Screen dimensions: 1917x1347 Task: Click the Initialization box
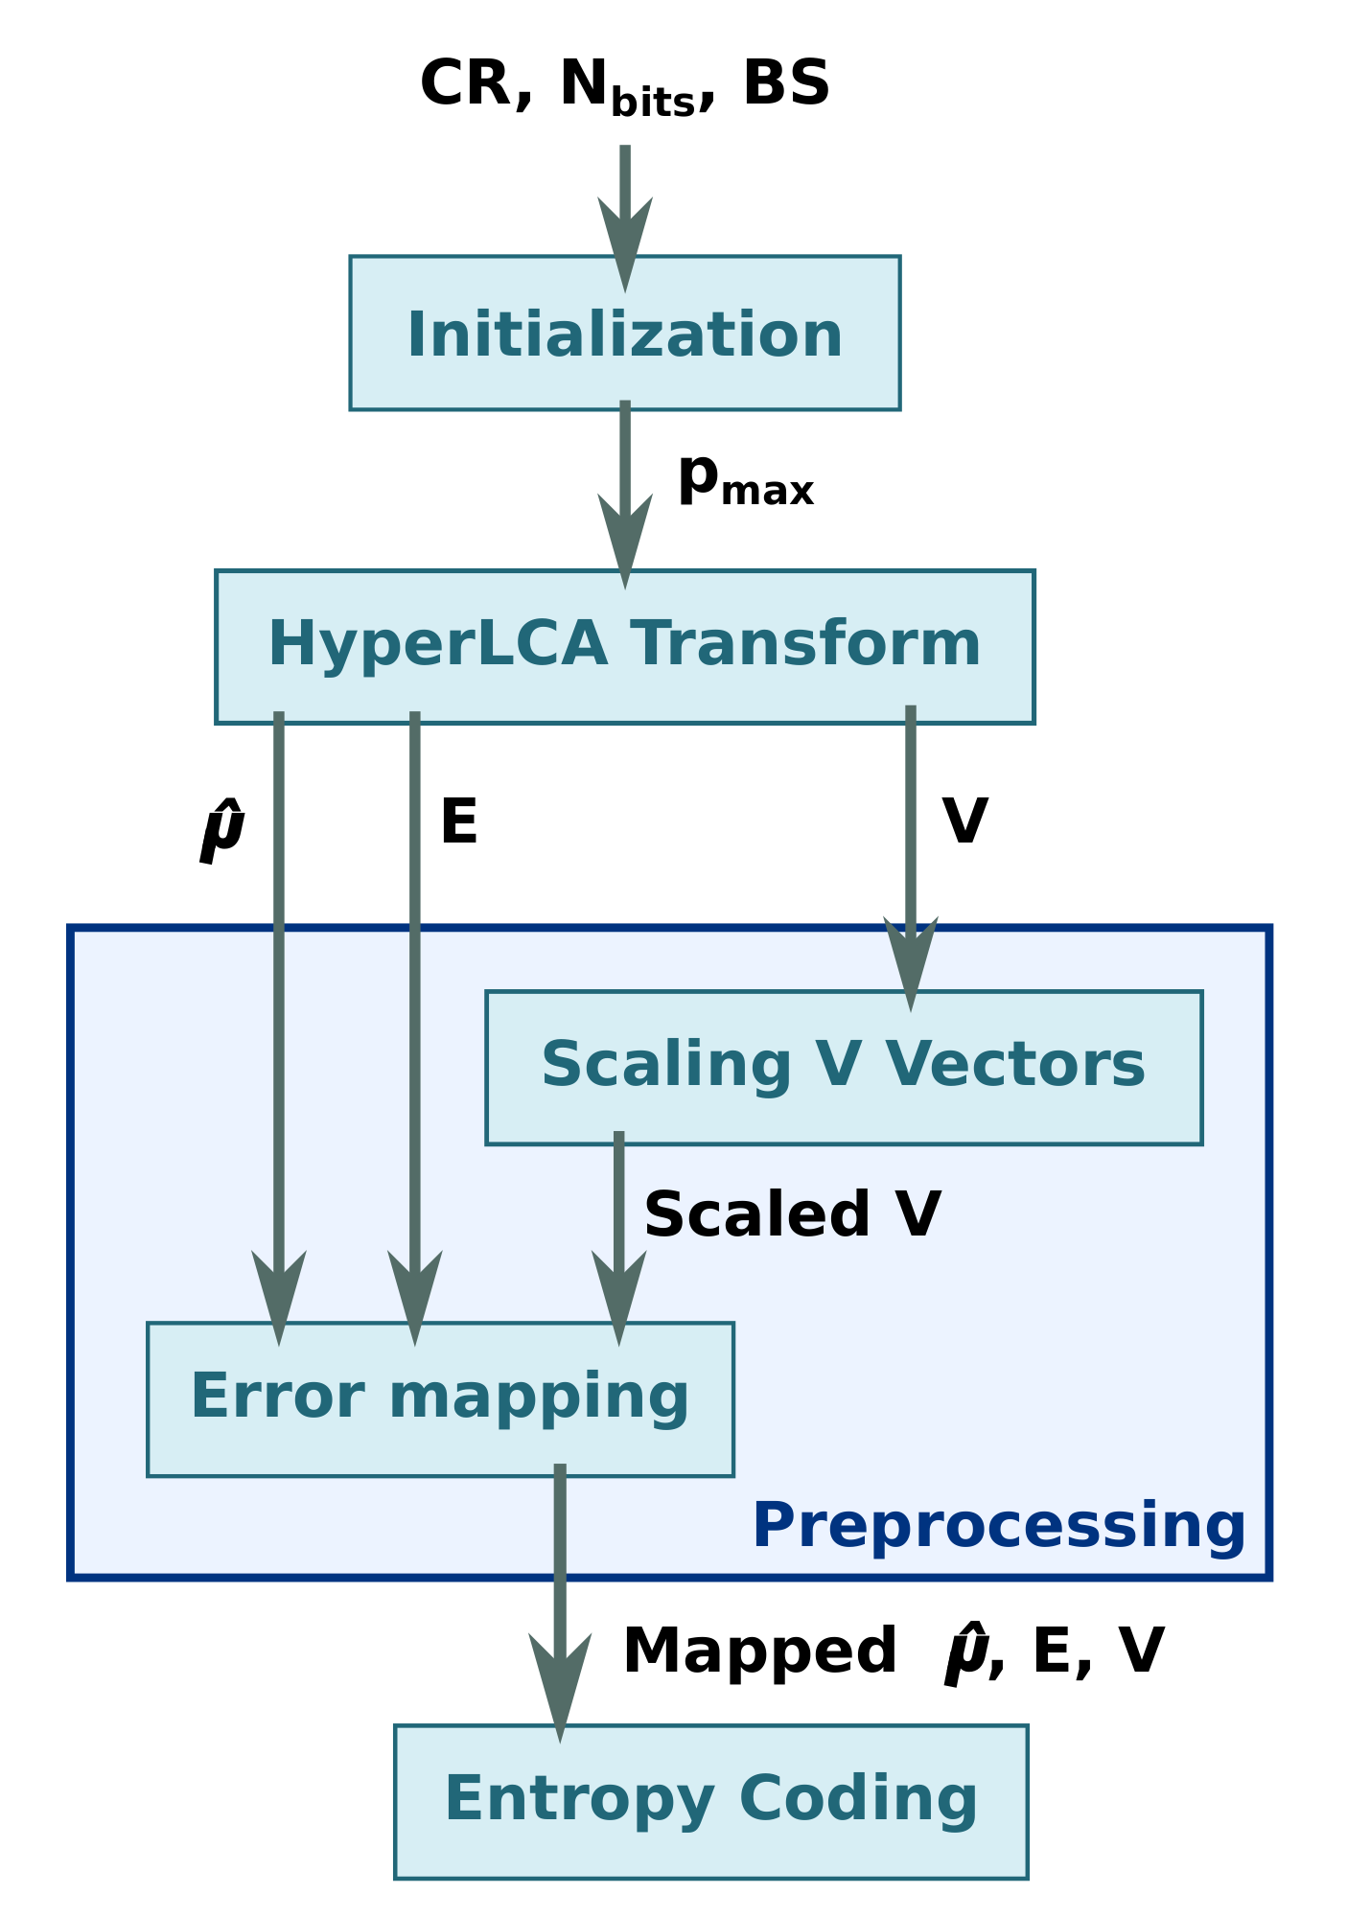(624, 333)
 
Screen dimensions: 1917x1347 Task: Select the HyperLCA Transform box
(624, 646)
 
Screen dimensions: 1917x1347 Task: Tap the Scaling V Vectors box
(843, 1067)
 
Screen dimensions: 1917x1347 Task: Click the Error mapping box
(439, 1398)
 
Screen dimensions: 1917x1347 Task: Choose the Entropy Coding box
(710, 1801)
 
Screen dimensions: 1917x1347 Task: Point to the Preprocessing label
(998, 1526)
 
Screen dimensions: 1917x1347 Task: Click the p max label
(745, 479)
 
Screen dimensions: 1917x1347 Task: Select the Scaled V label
(792, 1215)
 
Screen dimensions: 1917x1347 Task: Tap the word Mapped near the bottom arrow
(759, 1651)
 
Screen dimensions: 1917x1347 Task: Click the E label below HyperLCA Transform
(458, 822)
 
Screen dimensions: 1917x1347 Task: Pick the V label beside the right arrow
(964, 822)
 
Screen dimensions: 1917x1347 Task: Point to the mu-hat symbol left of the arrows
(222, 832)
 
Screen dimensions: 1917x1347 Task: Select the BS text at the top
(785, 83)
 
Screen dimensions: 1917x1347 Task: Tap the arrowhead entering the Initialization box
(625, 240)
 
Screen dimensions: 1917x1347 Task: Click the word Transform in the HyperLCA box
(805, 644)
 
